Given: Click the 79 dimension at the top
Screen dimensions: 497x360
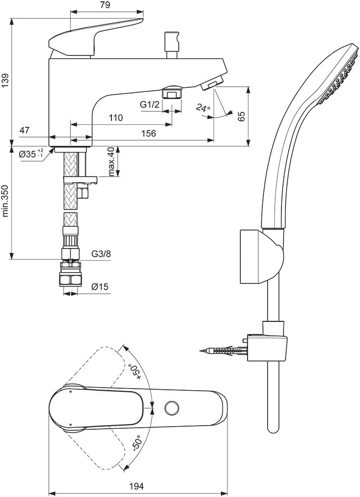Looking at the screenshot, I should (x=105, y=6).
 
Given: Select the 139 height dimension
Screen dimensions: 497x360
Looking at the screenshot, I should (x=6, y=81).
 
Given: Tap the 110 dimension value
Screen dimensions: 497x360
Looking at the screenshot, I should (x=116, y=118).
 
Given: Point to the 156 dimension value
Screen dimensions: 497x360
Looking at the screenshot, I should (x=148, y=133).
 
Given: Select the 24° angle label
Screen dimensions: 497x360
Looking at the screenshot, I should (x=203, y=108).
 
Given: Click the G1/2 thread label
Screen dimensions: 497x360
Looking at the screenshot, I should (x=149, y=104).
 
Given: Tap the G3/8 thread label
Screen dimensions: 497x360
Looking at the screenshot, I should (x=101, y=254).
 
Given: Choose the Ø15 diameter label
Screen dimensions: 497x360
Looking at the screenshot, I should (x=100, y=286).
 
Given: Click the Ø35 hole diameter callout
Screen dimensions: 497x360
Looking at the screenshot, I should (x=30, y=154).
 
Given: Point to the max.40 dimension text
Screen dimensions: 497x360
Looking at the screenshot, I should (x=111, y=162).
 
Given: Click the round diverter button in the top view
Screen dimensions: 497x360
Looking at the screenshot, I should (x=172, y=408).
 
